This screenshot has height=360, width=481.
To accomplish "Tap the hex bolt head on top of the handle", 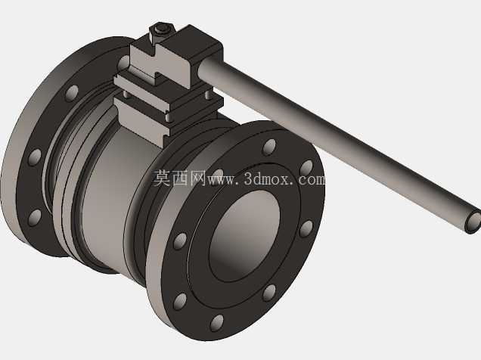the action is click(x=162, y=29).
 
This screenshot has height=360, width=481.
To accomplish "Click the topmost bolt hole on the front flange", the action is click(x=270, y=147).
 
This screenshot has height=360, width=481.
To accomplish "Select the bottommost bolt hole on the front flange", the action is click(x=217, y=323).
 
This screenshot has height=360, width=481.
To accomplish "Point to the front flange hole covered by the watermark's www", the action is click(x=218, y=175).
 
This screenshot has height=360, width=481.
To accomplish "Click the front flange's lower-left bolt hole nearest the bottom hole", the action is click(x=180, y=302).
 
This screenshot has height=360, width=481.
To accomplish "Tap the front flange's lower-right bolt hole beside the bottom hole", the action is click(x=269, y=293).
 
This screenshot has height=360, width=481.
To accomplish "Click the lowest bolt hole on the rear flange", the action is click(x=35, y=217).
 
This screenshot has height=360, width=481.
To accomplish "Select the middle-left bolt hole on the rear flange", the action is click(x=35, y=157).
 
